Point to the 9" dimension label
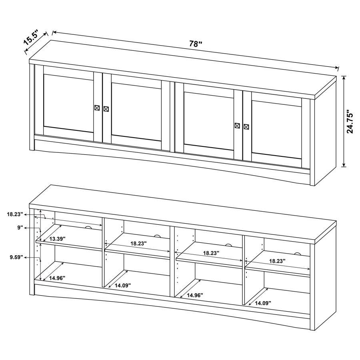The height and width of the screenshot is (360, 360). point(19,228)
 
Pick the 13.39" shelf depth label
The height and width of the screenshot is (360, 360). point(57,239)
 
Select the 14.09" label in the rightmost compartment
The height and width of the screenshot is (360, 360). point(263,303)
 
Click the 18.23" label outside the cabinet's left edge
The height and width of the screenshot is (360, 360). point(15,214)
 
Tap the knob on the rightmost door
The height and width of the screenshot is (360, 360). point(246,127)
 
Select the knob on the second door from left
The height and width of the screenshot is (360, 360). point(106,109)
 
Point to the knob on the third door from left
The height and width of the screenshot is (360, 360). point(237,126)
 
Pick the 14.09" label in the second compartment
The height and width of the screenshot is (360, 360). point(123,285)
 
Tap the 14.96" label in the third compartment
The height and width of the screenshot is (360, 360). point(195,295)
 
